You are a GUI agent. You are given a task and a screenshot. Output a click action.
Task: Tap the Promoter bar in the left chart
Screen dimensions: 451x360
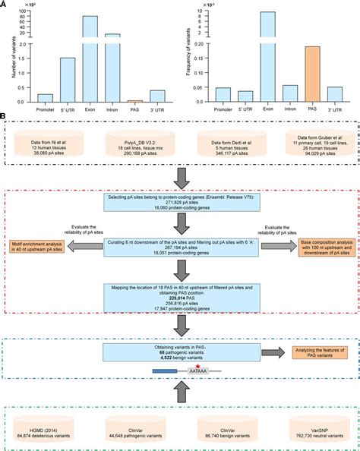pyautogui.click(x=46, y=98)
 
